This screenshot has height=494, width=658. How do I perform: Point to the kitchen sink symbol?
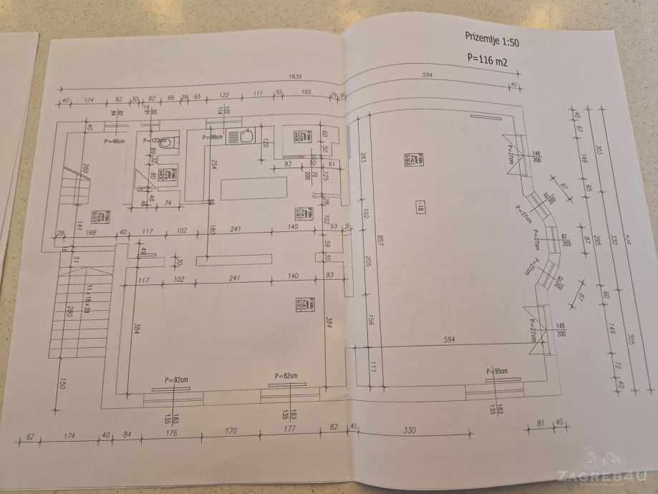[246, 135]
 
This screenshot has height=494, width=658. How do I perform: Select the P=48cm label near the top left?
[115, 141]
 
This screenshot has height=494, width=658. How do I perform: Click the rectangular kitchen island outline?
[254, 189]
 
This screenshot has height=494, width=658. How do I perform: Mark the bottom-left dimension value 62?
[31, 435]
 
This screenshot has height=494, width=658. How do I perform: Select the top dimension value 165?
[306, 94]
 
